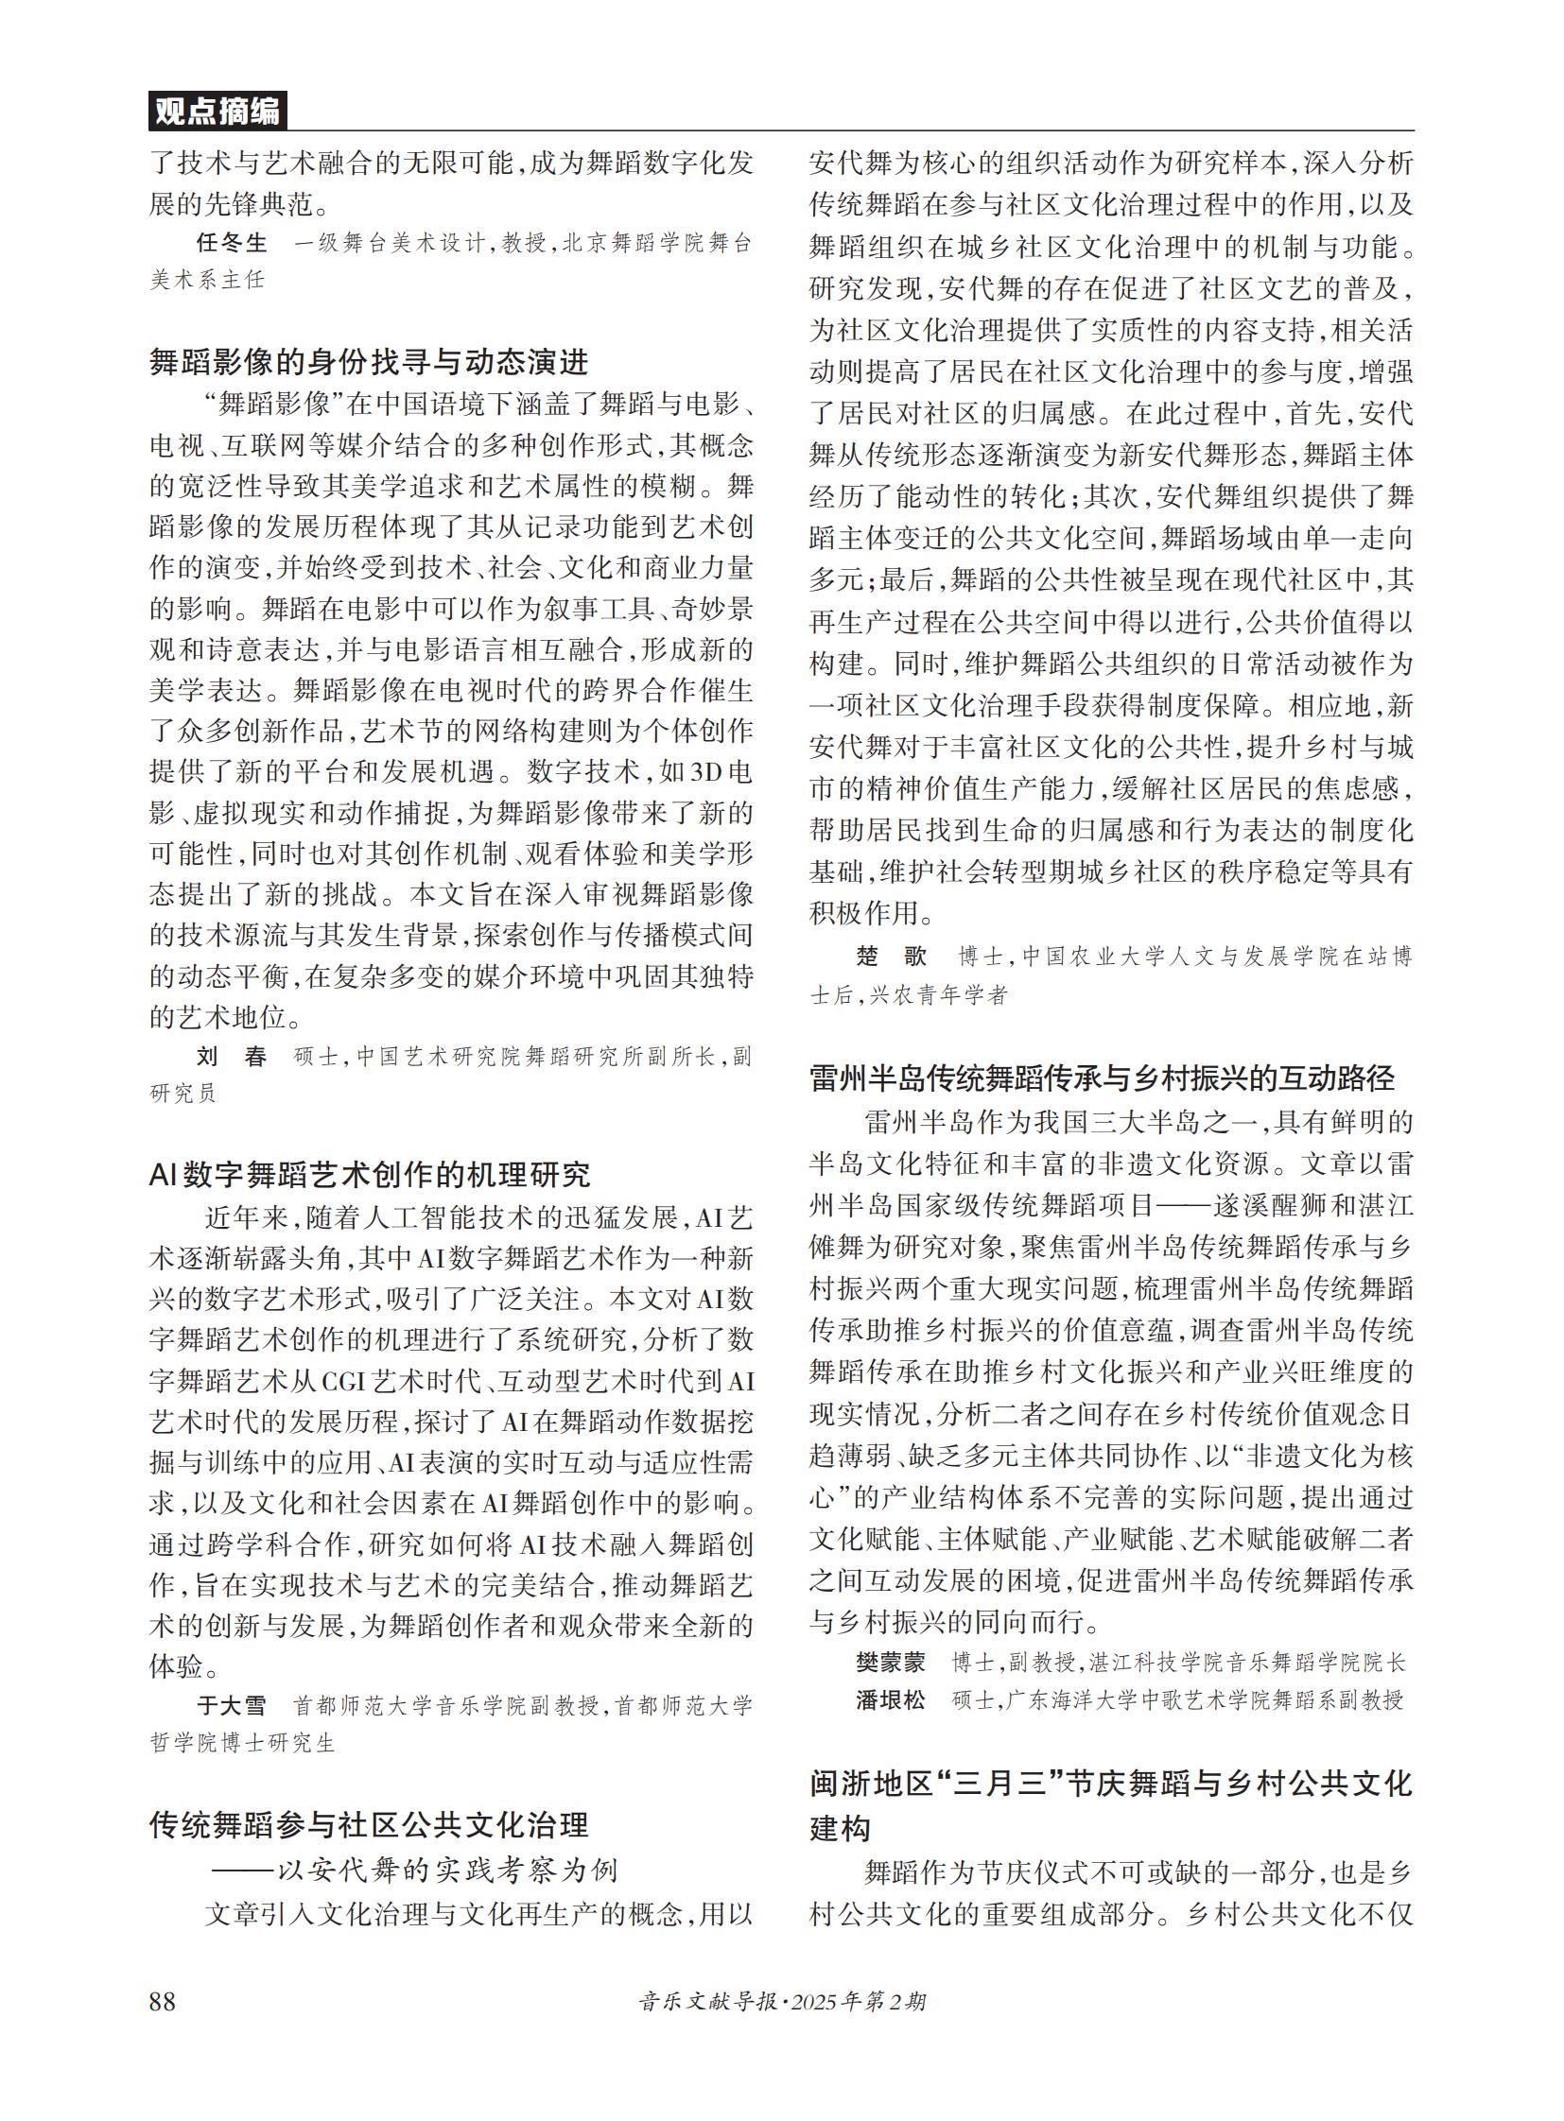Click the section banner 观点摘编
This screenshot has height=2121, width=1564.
point(217,112)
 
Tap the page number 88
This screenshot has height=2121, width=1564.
point(162,2000)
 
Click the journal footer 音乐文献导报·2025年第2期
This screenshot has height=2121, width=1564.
point(782,2001)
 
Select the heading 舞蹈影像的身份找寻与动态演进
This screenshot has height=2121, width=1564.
point(369,362)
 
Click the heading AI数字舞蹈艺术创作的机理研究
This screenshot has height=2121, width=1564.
point(369,1175)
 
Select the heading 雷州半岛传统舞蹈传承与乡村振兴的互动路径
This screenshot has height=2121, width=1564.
point(1102,1078)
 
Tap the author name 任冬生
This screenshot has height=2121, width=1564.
point(232,243)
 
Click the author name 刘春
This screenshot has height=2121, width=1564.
point(232,1056)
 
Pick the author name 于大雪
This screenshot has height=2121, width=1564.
point(232,1705)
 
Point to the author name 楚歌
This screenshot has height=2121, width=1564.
point(891,956)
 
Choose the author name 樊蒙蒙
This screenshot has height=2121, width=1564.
point(891,1662)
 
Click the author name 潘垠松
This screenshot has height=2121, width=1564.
point(891,1699)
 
